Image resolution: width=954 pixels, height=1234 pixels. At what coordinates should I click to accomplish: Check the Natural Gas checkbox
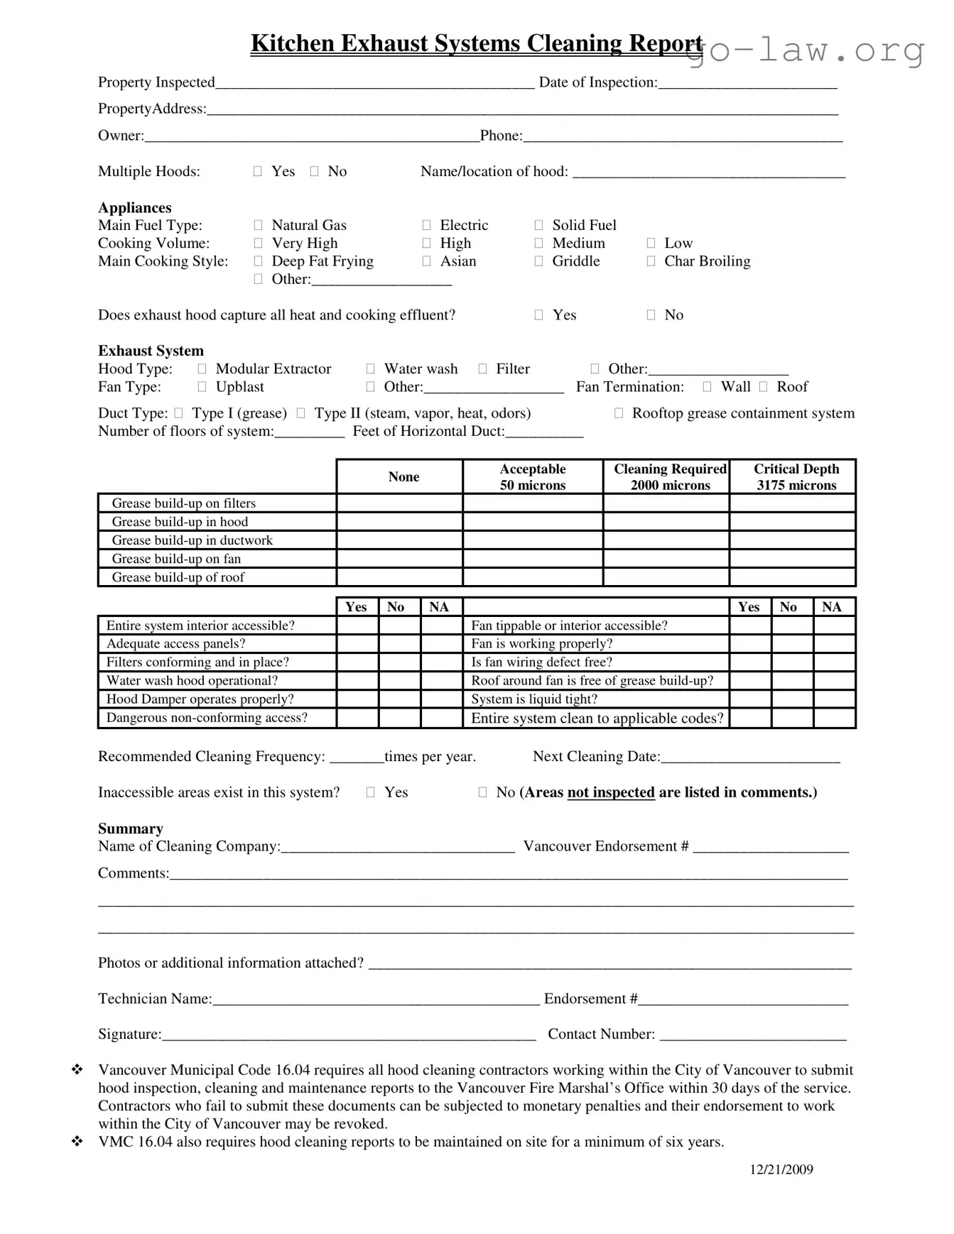(x=258, y=225)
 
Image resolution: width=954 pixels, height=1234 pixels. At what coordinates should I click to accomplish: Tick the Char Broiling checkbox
(x=651, y=261)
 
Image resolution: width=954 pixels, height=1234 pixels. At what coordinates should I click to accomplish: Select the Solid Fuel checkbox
(x=538, y=225)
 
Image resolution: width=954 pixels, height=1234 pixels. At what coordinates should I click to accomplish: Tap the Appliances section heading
(x=135, y=207)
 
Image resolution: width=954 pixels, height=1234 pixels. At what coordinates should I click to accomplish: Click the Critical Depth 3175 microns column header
(x=796, y=477)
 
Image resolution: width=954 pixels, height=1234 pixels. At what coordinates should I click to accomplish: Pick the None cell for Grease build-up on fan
(x=399, y=559)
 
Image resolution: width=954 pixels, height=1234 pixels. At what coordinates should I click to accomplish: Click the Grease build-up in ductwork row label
(x=192, y=540)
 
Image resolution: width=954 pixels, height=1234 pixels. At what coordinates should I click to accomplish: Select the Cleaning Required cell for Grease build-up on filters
(x=666, y=503)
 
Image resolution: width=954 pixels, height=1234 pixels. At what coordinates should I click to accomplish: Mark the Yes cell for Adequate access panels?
(x=357, y=644)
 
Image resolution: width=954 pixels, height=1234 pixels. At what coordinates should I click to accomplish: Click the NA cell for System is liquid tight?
(x=833, y=699)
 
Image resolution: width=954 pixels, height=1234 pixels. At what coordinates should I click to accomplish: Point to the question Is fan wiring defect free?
(x=541, y=662)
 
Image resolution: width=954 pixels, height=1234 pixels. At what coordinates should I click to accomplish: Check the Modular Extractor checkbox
(x=202, y=369)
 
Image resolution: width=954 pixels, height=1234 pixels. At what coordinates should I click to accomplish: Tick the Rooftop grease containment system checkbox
(x=619, y=413)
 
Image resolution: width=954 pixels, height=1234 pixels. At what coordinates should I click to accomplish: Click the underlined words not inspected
(x=610, y=792)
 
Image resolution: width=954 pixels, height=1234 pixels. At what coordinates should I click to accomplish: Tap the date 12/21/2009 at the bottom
(x=781, y=1169)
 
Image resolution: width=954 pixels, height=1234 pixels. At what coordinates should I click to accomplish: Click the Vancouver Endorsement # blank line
(x=771, y=848)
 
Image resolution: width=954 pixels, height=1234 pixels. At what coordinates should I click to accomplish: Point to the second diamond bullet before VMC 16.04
(x=77, y=1141)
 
